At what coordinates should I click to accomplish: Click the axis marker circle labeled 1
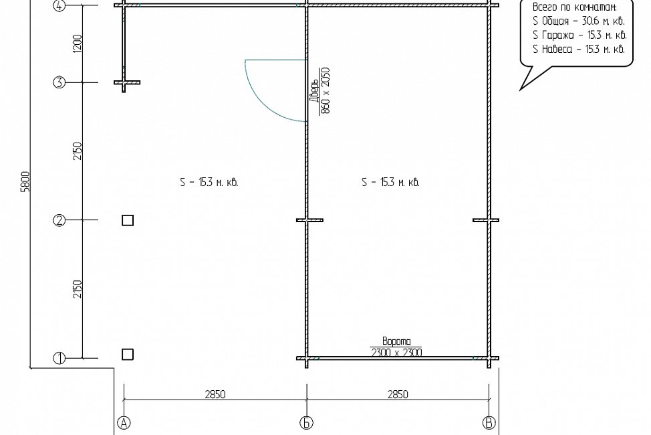click(x=59, y=358)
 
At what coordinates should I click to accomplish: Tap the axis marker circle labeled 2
click(x=59, y=220)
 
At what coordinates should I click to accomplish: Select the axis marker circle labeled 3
click(x=59, y=82)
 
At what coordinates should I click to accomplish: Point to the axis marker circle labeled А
click(x=124, y=422)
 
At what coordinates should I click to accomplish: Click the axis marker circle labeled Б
click(x=306, y=422)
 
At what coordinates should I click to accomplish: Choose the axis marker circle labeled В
click(x=489, y=422)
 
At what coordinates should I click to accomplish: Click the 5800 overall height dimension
click(x=26, y=181)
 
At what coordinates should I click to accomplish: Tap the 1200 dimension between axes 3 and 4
click(x=78, y=43)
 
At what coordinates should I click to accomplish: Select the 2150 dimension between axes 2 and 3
click(x=78, y=151)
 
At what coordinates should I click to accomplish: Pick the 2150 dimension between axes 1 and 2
click(x=78, y=289)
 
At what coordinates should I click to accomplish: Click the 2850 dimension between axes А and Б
click(x=215, y=394)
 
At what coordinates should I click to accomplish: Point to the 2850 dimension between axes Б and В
click(x=398, y=394)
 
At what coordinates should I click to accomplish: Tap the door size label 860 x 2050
click(x=325, y=90)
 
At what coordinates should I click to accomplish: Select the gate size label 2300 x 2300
click(x=396, y=353)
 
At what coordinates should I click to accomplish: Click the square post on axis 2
click(x=128, y=220)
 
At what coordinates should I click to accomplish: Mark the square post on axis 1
click(x=128, y=354)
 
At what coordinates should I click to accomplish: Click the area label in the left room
click(x=209, y=182)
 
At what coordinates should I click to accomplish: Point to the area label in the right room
click(x=391, y=182)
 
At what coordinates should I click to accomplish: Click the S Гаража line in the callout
click(x=579, y=35)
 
